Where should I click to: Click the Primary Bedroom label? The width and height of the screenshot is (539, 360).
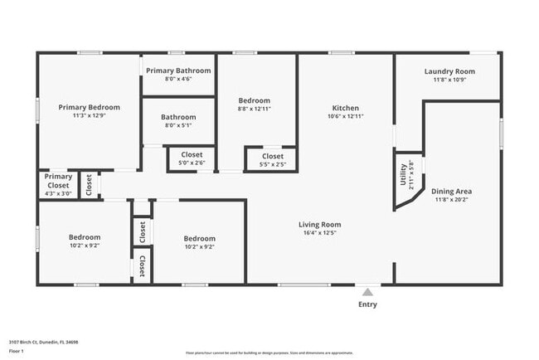[89, 107]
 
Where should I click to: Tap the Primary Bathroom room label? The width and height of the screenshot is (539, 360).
[178, 71]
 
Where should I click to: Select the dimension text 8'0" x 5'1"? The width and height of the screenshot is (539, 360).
[178, 126]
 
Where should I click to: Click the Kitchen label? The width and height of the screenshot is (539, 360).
[345, 108]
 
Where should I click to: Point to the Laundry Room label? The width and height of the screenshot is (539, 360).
[449, 71]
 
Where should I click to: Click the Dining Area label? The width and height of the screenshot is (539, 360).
[452, 191]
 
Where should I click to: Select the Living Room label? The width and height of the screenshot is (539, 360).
[319, 224]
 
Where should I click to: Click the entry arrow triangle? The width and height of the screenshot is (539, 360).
[367, 291]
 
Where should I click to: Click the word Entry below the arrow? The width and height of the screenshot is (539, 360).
[367, 304]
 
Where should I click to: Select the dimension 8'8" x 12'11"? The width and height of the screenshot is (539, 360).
[255, 109]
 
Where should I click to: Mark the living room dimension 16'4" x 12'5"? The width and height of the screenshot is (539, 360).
[319, 233]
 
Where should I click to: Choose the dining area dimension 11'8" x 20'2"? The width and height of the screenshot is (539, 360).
[452, 200]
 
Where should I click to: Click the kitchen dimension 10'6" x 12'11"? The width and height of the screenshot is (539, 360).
[345, 117]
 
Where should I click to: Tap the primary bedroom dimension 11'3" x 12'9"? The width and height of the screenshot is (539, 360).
[89, 116]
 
